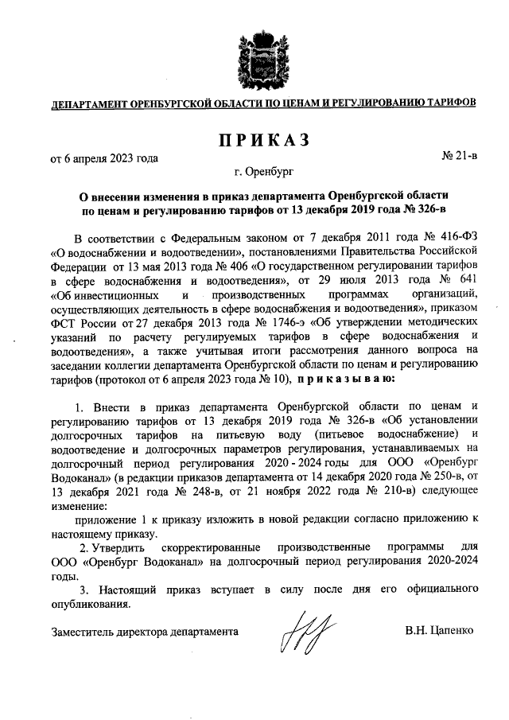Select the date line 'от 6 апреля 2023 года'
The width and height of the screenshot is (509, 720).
point(104,158)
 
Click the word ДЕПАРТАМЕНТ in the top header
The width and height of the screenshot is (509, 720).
point(89,103)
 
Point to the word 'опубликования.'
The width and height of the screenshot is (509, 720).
point(89,605)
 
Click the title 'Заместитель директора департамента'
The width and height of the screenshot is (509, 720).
point(144,631)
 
